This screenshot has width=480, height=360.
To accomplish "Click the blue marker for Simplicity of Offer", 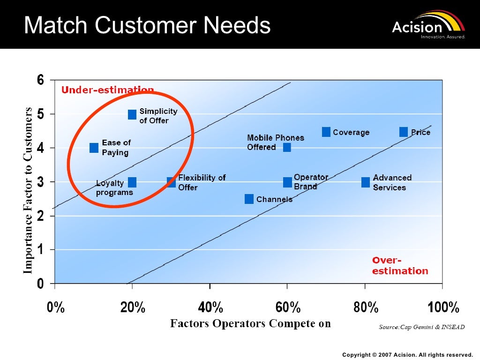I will (x=132, y=114).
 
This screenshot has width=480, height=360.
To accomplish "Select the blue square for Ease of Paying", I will (x=94, y=148).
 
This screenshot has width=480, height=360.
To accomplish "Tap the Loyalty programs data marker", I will (x=132, y=182).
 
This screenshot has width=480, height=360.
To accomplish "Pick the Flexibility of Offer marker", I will (x=171, y=182).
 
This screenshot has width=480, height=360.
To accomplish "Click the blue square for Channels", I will (x=249, y=199).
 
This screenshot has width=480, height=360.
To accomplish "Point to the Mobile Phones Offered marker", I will (x=287, y=148).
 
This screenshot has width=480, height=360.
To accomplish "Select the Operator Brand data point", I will (x=287, y=182).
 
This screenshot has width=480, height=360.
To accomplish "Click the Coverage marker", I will (x=326, y=132).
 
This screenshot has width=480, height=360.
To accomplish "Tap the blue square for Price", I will (x=404, y=132).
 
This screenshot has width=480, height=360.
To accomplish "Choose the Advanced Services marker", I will (x=366, y=182).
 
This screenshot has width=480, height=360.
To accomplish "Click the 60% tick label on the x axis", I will (x=287, y=308).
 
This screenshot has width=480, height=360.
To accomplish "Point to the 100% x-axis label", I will (x=443, y=308).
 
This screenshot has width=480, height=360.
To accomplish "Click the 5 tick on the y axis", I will (x=40, y=114).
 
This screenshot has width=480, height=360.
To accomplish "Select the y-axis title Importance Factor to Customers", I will (x=28, y=190).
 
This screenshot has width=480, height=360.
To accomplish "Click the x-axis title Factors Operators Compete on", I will (x=250, y=323).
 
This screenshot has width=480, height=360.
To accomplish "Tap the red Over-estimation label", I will (x=400, y=266).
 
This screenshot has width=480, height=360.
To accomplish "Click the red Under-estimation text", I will (x=108, y=90).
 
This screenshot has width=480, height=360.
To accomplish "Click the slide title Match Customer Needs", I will (x=147, y=25).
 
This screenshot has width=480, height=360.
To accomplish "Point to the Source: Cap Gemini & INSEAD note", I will (x=421, y=327).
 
